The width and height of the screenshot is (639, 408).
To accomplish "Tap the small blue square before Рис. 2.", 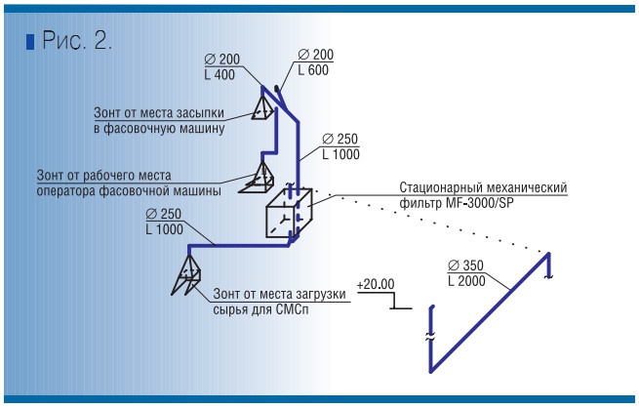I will tap(30, 42).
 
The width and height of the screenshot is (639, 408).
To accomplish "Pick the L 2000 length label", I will tap(468, 281).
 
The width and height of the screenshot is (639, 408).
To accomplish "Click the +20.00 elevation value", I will tap(377, 284).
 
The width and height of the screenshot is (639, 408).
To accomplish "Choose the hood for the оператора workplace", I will tap(261, 178).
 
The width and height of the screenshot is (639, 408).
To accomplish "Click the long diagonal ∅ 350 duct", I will tap(488, 312).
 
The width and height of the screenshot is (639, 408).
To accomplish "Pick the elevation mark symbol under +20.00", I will tap(395, 303).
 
